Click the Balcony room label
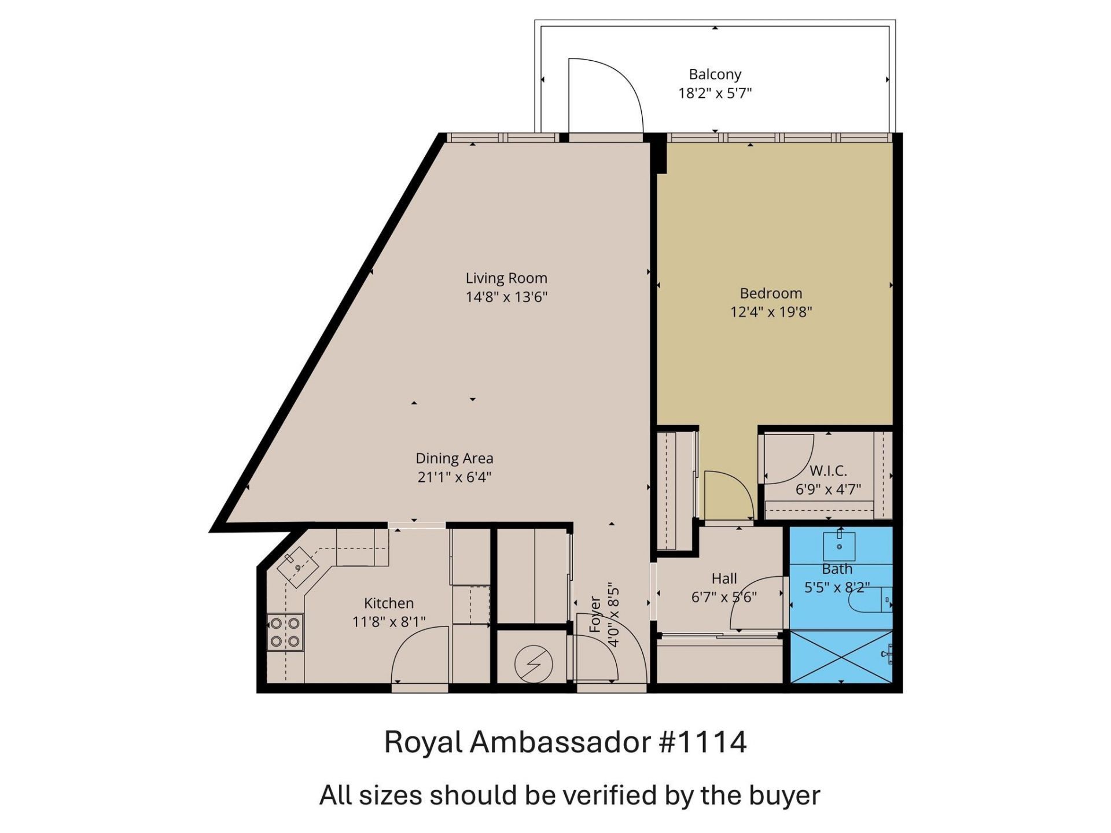715,75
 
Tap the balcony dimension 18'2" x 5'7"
715,93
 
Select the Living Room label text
506,278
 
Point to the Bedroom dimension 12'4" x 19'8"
771,312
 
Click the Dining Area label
454,459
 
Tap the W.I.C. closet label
828,470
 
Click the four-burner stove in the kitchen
285,632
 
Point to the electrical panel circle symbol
533,664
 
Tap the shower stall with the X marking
841,657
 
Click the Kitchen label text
389,603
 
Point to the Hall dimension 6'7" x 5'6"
724,597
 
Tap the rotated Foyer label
595,614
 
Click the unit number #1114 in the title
702,742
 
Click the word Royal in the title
423,742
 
